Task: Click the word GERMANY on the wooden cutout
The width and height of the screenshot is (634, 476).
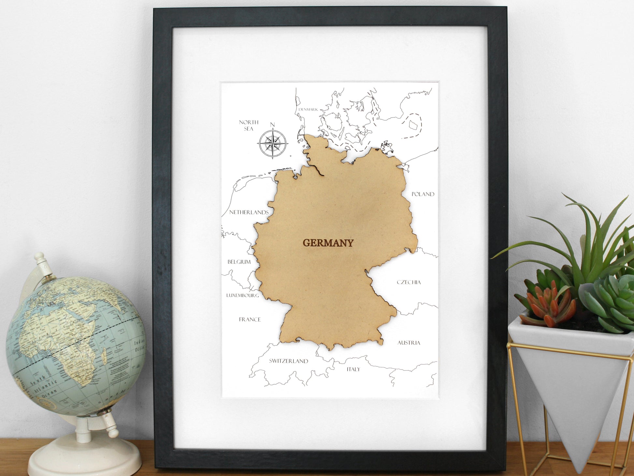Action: click(x=328, y=243)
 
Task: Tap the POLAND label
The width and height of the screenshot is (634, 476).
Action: click(x=423, y=194)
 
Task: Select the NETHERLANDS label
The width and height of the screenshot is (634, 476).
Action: click(x=249, y=212)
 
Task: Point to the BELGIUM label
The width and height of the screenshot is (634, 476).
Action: click(x=239, y=262)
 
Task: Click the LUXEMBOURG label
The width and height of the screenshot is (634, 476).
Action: click(x=243, y=295)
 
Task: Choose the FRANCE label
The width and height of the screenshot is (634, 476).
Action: click(x=250, y=320)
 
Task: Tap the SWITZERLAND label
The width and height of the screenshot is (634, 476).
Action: click(x=288, y=361)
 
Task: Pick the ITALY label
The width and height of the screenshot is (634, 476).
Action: click(x=353, y=369)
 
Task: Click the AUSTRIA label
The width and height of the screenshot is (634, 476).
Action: click(x=409, y=343)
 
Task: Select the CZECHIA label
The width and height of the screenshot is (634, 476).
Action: click(x=409, y=282)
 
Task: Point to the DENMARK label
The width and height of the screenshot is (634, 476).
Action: click(x=308, y=110)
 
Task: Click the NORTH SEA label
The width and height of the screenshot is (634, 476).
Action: click(x=249, y=125)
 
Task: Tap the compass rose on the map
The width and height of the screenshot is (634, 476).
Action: click(x=273, y=144)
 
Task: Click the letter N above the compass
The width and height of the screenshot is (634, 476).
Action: click(x=273, y=125)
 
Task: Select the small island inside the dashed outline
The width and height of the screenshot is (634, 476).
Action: click(x=412, y=124)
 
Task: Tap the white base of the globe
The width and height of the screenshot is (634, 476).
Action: click(x=85, y=456)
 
